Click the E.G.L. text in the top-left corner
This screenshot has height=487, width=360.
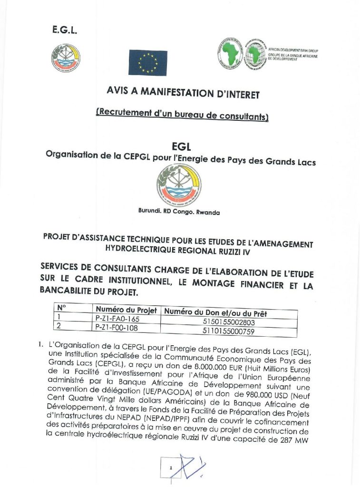point(64,31)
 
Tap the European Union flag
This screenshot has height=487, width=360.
point(147,63)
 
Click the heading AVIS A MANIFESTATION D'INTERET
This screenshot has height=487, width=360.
point(183,92)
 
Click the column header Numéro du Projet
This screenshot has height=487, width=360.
point(126,310)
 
